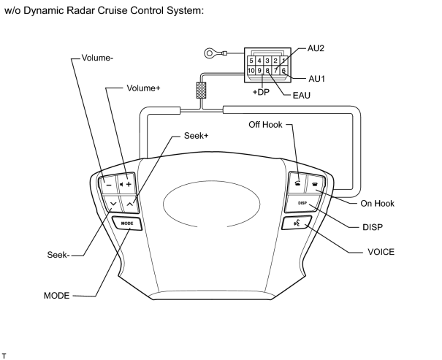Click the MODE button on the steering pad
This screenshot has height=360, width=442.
point(127,223)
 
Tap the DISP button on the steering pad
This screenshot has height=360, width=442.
point(302,203)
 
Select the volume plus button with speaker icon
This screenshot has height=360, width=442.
point(126,184)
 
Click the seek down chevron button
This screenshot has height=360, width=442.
point(113,204)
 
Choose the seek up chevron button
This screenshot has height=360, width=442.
point(129,204)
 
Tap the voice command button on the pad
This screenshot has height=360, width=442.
point(297,223)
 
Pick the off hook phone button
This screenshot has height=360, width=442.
point(297,183)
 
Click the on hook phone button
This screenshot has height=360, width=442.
point(315,185)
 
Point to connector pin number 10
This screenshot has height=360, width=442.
point(251,70)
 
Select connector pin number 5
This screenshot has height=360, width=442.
point(251,61)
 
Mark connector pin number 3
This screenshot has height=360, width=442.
point(267,61)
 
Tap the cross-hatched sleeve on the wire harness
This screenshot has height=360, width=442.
point(201,90)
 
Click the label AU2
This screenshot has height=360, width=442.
point(316,48)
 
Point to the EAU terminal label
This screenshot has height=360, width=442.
point(301,96)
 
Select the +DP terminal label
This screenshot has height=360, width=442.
point(261,92)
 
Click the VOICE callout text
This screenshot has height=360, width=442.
point(381,252)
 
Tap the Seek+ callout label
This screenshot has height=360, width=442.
point(197,136)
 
